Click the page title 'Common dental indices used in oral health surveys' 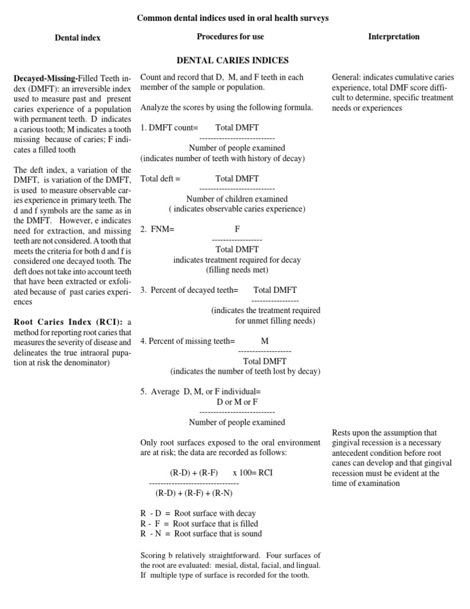233,18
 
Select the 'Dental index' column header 78,38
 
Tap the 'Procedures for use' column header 230,37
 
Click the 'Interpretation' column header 394,37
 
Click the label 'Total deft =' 160,178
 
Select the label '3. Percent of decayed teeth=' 189,290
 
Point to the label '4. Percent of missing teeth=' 187,341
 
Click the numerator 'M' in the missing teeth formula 264,341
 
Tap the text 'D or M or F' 237,402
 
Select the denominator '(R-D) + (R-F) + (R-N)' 194,493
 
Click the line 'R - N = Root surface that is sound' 199,534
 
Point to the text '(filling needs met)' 237,270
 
